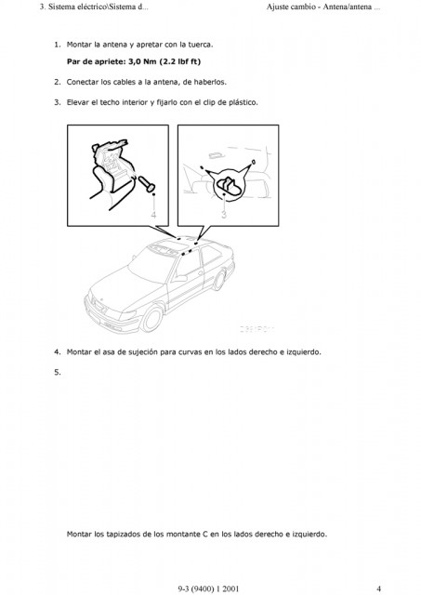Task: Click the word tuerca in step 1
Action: (x=201, y=45)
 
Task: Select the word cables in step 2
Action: (x=124, y=82)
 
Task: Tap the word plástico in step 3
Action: (x=243, y=102)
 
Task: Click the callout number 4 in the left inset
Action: (x=153, y=215)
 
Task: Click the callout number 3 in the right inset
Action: (x=224, y=215)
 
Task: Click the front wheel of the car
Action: (x=152, y=319)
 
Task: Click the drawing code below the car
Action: (x=257, y=329)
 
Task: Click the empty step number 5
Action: (x=58, y=372)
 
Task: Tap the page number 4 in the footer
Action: (x=378, y=588)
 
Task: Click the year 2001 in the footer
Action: (x=230, y=588)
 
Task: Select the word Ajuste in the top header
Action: (x=277, y=7)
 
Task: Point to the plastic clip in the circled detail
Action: (x=229, y=186)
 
